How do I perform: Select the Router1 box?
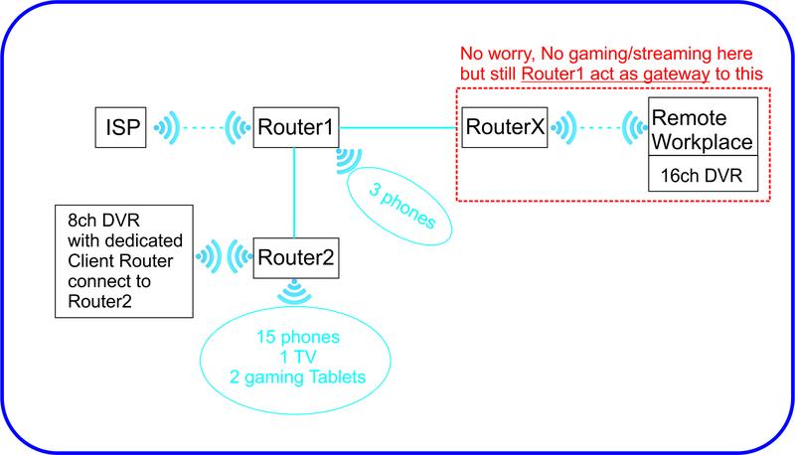294,127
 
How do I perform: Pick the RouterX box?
505,127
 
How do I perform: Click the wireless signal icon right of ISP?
165,127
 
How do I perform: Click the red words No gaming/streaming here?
652,53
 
